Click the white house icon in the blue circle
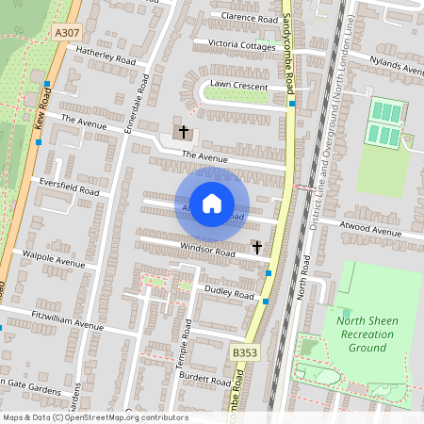tap(212, 204)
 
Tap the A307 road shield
tap(66, 32)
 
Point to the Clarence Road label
tap(250, 18)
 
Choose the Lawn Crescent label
tap(239, 85)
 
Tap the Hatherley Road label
tap(106, 57)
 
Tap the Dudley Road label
tap(231, 293)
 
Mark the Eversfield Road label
tap(68, 186)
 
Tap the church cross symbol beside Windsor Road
tap(256, 247)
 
